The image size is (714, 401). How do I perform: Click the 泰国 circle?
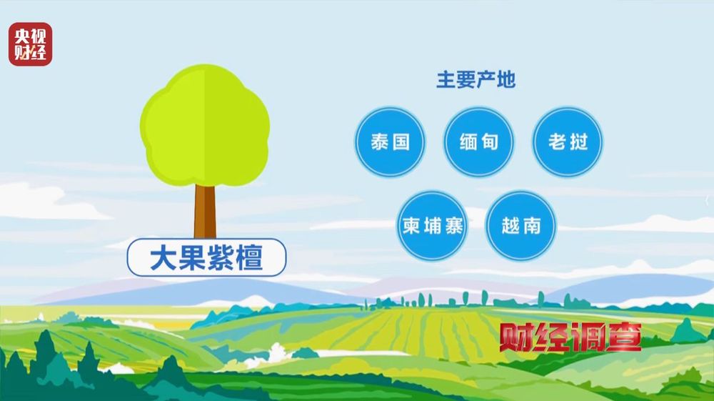tap(390, 142)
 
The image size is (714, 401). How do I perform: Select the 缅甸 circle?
tap(479, 142)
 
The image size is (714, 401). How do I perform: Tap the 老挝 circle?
tap(568, 142)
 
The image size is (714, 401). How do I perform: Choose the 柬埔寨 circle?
tap(433, 226)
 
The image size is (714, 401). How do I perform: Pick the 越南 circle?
tap(522, 226)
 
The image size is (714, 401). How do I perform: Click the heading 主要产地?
tap(476, 80)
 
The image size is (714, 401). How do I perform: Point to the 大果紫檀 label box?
tap(206, 258)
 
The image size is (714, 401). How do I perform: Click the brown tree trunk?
tap(205, 210)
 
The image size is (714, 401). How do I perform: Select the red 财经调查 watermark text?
tap(570, 337)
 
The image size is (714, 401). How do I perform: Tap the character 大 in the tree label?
tap(163, 258)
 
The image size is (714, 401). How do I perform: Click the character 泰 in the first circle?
tap(380, 142)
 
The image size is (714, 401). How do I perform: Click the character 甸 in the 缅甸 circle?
tap(489, 142)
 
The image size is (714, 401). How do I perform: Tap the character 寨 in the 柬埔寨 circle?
tap(453, 226)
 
